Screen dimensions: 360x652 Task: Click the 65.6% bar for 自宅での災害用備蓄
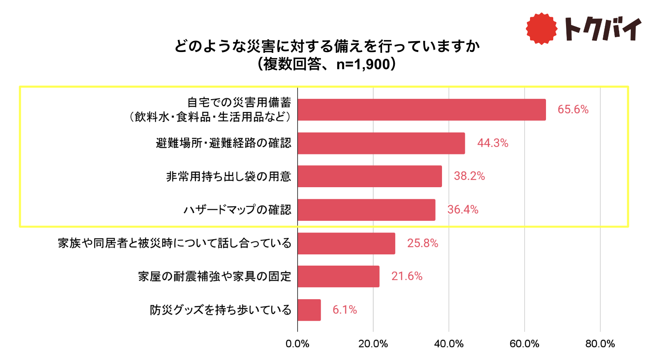coord(422,110)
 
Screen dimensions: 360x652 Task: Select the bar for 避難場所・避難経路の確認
coord(381,143)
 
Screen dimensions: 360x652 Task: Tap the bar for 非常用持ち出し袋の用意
coord(370,176)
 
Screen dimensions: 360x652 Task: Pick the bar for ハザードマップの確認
coord(366,210)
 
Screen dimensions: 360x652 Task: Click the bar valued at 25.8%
coord(346,243)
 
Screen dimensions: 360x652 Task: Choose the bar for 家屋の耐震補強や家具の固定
coord(338,276)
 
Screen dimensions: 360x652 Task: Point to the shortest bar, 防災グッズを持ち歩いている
coord(309,310)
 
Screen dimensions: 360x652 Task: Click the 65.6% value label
coord(573,110)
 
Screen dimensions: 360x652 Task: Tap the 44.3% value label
coord(492,143)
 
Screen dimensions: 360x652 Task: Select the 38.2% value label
coord(469,176)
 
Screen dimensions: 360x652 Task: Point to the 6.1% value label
coord(344,310)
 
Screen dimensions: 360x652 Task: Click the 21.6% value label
coord(407,276)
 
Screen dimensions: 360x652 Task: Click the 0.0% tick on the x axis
coord(297,344)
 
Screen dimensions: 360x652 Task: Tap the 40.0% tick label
coord(449,344)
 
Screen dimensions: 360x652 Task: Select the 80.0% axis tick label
coord(600,344)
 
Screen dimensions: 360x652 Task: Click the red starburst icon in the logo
coord(541,28)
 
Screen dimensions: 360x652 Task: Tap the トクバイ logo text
coord(602,29)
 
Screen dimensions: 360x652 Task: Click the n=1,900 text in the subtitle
coord(363,64)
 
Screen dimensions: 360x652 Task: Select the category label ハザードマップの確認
coord(237,210)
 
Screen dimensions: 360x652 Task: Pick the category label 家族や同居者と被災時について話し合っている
coord(174,243)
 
